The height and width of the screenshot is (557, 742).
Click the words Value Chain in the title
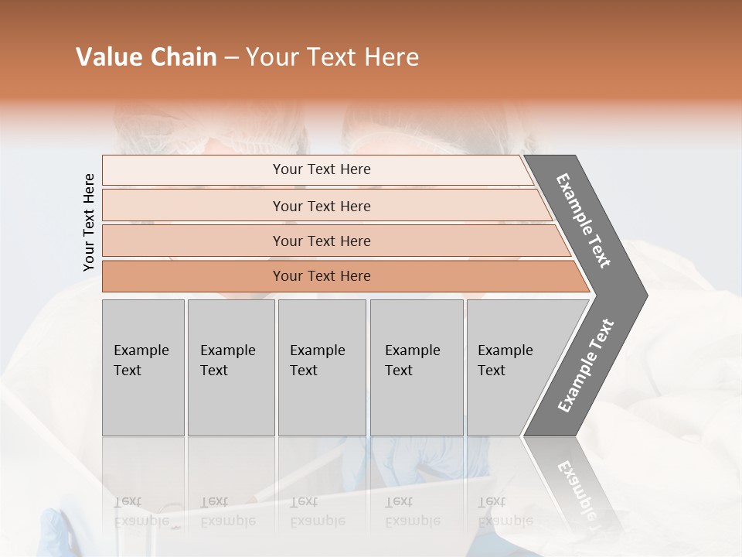tap(146, 57)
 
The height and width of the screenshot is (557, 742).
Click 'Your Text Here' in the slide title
tap(332, 57)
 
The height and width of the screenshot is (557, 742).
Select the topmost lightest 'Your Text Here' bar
tap(322, 169)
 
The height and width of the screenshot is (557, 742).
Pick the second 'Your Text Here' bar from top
tap(322, 206)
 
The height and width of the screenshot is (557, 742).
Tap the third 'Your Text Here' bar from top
tap(322, 241)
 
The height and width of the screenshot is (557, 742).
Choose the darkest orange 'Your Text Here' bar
tap(322, 276)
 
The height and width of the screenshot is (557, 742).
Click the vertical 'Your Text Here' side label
tap(89, 223)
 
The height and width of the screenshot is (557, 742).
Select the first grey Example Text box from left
tap(143, 367)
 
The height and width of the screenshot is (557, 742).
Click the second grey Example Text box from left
tap(230, 367)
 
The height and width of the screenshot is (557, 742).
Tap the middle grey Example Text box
tap(322, 367)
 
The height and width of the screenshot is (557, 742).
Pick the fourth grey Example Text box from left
tap(416, 367)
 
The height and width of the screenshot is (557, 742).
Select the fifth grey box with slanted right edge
tap(510, 367)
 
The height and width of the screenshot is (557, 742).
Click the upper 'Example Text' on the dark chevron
tap(584, 220)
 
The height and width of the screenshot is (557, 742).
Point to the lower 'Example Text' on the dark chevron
tap(586, 366)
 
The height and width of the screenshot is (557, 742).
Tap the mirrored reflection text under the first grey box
tap(141, 511)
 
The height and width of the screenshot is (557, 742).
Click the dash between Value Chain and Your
tap(231, 58)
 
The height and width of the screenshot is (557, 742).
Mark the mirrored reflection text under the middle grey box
tap(317, 511)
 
